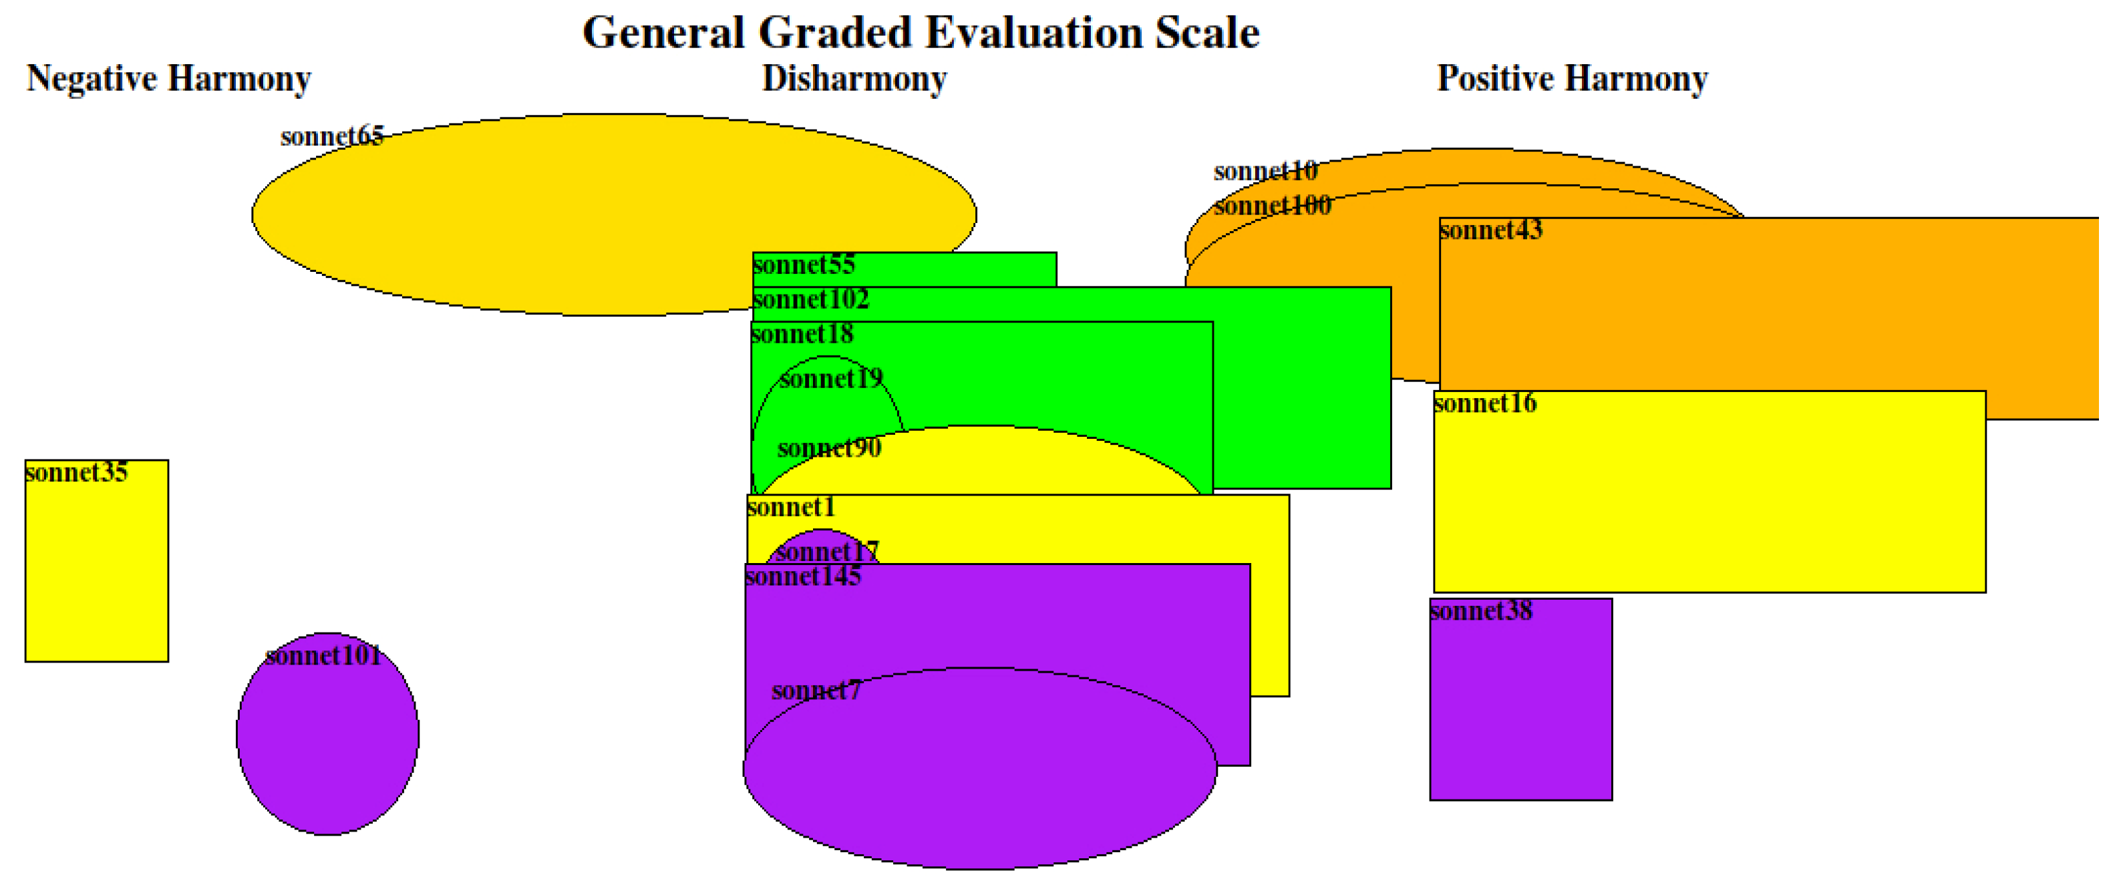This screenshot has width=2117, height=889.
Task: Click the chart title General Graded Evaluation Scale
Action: point(921,33)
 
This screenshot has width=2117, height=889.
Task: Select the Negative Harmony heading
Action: point(168,79)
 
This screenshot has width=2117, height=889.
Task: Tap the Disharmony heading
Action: point(854,79)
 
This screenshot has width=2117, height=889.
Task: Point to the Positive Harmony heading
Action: point(1571,79)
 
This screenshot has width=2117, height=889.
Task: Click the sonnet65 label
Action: point(331,136)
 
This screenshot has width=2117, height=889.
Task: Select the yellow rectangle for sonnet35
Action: point(96,575)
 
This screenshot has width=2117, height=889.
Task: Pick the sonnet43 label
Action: point(1491,230)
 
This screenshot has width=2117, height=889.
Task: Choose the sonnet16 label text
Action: point(1484,403)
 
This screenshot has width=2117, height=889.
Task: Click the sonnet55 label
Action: point(804,264)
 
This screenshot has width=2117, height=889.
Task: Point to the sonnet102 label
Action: point(810,299)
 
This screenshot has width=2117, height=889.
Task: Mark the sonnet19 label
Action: point(831,379)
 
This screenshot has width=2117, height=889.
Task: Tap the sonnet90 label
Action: point(828,449)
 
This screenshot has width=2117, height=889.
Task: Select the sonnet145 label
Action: point(803,577)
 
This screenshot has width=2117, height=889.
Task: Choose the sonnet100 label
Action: point(1272,206)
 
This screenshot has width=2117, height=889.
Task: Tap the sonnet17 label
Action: point(827,550)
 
